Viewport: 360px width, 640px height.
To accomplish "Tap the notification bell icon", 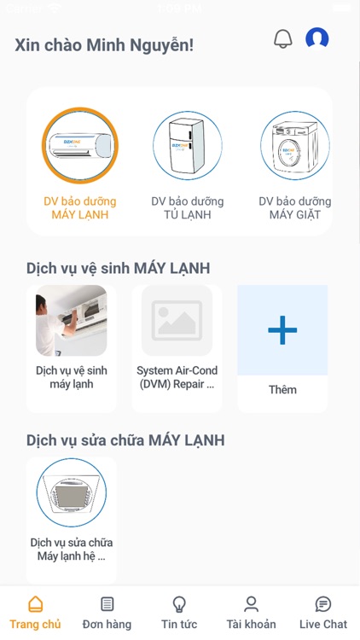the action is tap(283, 38).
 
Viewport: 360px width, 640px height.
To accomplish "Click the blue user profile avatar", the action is tap(317, 38).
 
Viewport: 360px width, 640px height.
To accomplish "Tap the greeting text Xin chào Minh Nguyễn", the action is tap(104, 45).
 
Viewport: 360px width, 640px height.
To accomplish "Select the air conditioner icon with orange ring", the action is tap(80, 145).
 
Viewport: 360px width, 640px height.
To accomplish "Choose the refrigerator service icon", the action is tap(188, 146).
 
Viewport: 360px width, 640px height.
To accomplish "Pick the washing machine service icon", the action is tap(294, 146).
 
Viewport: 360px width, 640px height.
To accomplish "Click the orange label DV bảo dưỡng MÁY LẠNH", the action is tap(80, 207).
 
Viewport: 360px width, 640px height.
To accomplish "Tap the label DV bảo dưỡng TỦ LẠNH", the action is tap(188, 207).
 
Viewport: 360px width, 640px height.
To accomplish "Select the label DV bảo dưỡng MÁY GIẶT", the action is tap(294, 207).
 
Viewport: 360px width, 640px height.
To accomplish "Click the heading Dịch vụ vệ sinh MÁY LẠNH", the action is tap(119, 268).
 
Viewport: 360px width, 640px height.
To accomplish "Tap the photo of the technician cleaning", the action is tap(72, 320).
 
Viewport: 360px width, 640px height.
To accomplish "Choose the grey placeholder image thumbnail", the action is tap(177, 320).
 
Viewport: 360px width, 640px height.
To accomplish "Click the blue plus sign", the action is tap(282, 329).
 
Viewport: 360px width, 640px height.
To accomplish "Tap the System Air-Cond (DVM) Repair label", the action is tap(177, 377).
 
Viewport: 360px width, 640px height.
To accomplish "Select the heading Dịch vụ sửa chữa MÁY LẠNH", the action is tap(125, 440).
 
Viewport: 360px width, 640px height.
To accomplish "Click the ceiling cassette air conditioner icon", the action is tap(72, 492).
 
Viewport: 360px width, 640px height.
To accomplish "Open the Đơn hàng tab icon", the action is tap(107, 604).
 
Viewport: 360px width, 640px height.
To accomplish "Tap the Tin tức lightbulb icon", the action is tap(179, 604).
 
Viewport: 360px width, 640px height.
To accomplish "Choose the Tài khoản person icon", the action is tap(251, 604).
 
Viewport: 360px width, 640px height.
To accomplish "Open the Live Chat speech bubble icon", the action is tap(323, 604).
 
